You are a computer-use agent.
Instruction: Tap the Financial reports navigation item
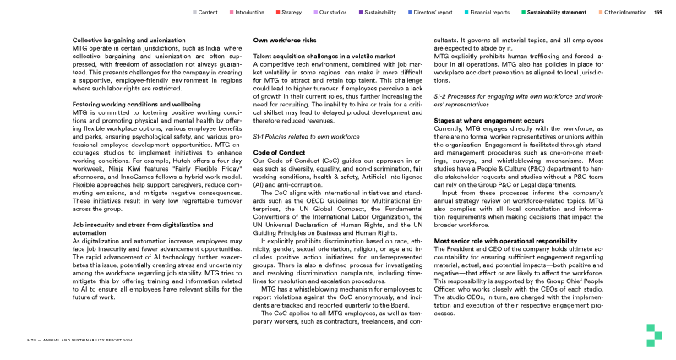point(489,13)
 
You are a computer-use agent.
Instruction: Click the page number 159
point(657,13)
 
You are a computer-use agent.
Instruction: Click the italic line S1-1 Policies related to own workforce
point(295,135)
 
